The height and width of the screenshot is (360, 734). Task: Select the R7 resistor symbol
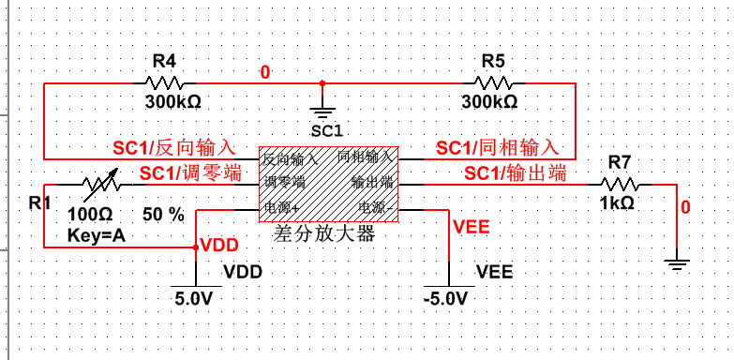(x=620, y=184)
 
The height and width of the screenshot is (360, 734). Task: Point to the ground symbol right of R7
(x=676, y=263)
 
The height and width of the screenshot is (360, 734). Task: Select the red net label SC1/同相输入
(x=497, y=148)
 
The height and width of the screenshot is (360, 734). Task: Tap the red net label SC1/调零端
(x=189, y=172)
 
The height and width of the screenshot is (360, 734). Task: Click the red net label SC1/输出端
(x=516, y=172)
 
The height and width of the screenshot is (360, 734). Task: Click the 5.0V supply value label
(x=195, y=298)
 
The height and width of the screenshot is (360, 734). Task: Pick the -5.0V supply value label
(x=444, y=298)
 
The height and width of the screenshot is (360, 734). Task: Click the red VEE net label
(x=471, y=226)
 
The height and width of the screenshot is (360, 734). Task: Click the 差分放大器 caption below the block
(x=324, y=234)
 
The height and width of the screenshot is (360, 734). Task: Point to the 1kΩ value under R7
(x=617, y=202)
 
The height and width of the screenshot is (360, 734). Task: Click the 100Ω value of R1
(x=90, y=214)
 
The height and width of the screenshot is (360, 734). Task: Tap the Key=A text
(x=96, y=235)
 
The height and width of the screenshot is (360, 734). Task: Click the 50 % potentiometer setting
(x=163, y=215)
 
